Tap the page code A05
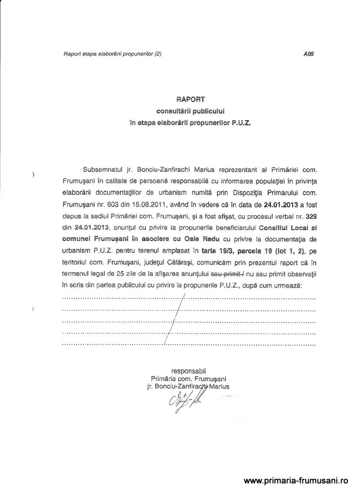(x=307, y=55)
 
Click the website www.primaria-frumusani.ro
(x=296, y=481)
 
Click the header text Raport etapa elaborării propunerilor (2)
(x=112, y=55)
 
